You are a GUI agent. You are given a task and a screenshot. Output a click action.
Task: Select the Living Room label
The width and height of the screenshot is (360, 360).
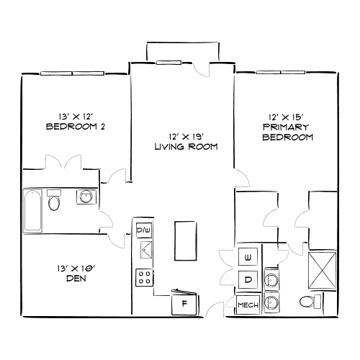click(x=186, y=147)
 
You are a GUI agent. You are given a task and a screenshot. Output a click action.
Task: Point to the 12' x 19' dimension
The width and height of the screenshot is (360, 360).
click(x=186, y=136)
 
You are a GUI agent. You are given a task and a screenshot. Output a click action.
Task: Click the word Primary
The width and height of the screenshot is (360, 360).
click(x=287, y=126)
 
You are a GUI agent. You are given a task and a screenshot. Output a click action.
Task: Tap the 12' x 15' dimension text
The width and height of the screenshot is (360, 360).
click(x=287, y=115)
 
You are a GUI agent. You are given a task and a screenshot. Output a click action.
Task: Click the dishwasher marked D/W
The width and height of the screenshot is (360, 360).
click(x=144, y=230)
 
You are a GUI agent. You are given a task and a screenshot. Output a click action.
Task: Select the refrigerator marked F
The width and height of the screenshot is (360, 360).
click(x=184, y=303)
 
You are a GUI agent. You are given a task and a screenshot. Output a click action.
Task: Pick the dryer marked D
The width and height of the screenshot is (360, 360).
click(x=247, y=279)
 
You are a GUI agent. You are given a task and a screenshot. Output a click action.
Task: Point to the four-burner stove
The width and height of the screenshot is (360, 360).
click(x=144, y=276)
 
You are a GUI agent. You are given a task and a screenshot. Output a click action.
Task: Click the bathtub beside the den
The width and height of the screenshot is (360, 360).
click(x=32, y=211)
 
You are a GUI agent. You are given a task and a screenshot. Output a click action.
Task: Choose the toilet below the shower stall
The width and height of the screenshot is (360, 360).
click(x=311, y=300)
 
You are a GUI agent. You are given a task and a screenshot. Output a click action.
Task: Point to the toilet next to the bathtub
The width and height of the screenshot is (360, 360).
click(x=53, y=202)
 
